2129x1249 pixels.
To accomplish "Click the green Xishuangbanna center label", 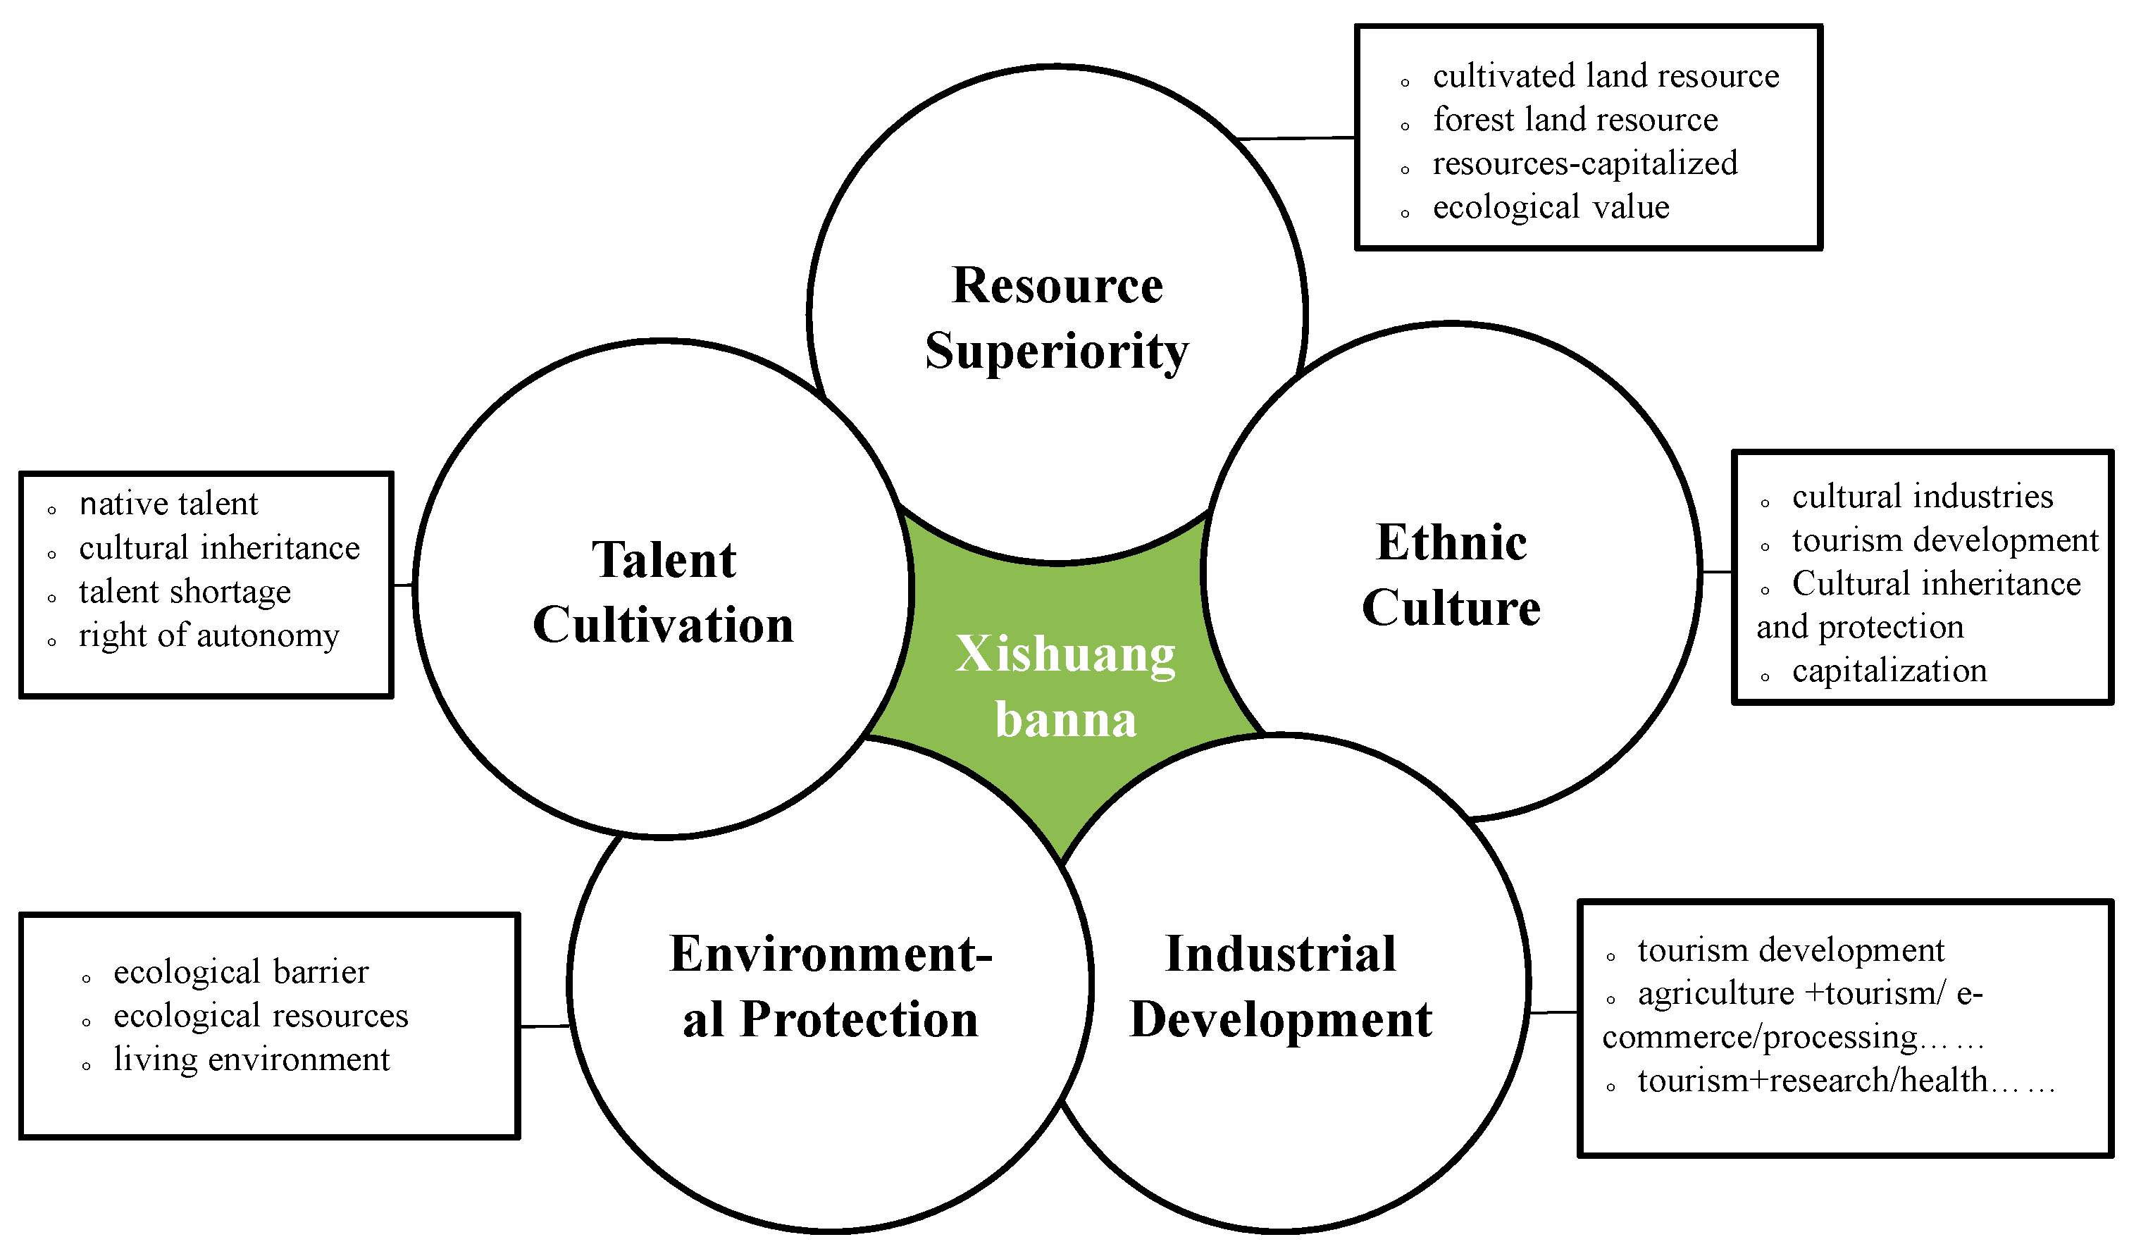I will pos(1064,686).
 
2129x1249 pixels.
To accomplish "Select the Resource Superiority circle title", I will pos(1056,318).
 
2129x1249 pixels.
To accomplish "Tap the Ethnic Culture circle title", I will pos(1451,575).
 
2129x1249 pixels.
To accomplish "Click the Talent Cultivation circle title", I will pos(663,592).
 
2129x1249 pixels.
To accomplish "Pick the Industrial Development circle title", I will pos(1280,986).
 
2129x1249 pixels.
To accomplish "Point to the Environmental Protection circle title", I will pos(831,986).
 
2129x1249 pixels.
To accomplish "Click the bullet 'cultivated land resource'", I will pos(1605,76).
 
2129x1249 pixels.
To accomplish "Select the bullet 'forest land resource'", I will pos(1575,120).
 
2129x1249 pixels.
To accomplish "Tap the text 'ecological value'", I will pos(1551,207).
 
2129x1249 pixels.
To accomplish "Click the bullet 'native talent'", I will pos(168,504).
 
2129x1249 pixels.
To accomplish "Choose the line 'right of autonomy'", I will pos(209,635).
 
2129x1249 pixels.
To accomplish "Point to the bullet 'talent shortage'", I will pos(184,592).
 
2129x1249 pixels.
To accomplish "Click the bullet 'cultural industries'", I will pos(1922,497).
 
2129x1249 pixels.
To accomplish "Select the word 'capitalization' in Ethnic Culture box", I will pos(1889,671).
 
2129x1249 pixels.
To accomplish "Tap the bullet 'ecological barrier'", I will pos(241,972).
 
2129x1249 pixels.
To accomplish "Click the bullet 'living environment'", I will pos(251,1060).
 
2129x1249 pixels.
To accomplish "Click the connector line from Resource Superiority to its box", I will pos(1295,138).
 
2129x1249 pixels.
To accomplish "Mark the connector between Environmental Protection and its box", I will pos(545,1026).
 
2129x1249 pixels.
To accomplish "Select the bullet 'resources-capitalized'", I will pos(1584,164).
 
